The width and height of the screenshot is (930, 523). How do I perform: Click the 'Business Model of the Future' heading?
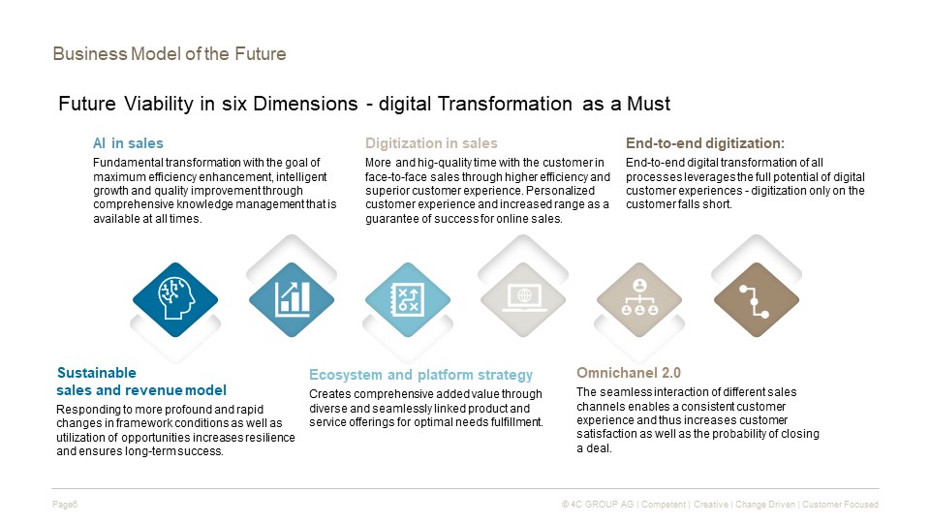(169, 54)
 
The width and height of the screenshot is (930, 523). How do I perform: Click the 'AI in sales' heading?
(128, 143)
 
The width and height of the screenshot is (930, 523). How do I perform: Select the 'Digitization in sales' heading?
(431, 143)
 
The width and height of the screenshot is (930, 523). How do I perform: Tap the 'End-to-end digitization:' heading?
(705, 143)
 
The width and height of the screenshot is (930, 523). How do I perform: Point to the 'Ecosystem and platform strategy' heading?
(421, 375)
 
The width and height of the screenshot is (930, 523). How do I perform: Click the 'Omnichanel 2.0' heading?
(629, 373)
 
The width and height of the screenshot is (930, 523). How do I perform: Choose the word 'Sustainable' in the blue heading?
(97, 373)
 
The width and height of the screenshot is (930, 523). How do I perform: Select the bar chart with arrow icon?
(292, 299)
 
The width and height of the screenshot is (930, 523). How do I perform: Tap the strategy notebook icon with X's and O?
(408, 299)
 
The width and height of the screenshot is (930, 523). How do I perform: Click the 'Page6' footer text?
(65, 505)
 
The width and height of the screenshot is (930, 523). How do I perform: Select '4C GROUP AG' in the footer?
(602, 505)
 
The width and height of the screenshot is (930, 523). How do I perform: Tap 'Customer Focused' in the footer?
(840, 505)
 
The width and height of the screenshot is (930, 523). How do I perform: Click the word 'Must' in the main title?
(649, 104)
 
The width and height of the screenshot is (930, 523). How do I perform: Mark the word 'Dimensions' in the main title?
(305, 104)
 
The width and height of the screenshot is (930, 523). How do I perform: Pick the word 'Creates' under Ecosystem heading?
(325, 394)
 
